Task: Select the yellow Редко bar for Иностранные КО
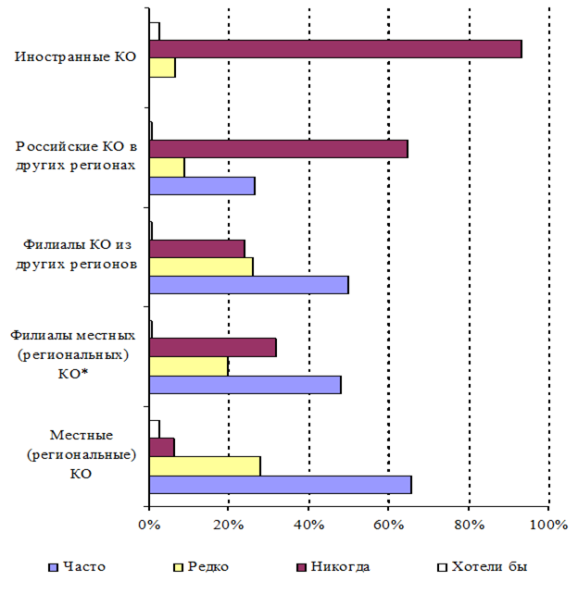162,68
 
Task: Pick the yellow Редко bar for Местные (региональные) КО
205,465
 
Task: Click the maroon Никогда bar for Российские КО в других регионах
278,149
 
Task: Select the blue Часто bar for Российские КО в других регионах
202,185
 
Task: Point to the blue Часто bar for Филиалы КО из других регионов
248,285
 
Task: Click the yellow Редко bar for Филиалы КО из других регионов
201,266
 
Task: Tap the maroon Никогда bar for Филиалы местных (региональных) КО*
212,348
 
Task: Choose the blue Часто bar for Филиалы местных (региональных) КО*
245,384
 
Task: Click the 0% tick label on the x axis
149,526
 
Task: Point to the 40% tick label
308,526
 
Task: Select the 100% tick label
549,526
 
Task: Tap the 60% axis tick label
388,526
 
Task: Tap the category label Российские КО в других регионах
76,155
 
